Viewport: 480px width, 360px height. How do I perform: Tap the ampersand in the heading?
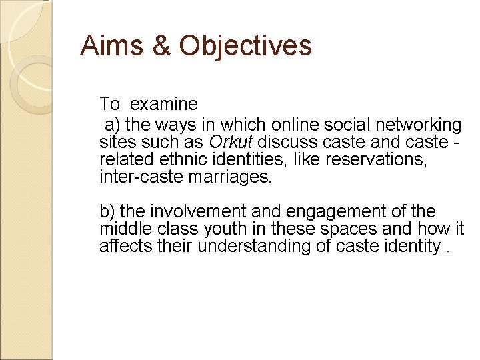(x=160, y=45)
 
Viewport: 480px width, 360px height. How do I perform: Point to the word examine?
(x=164, y=104)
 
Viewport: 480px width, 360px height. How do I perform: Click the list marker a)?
(x=112, y=125)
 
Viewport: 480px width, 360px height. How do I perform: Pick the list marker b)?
(x=107, y=212)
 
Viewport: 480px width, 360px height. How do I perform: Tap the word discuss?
(x=286, y=143)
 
